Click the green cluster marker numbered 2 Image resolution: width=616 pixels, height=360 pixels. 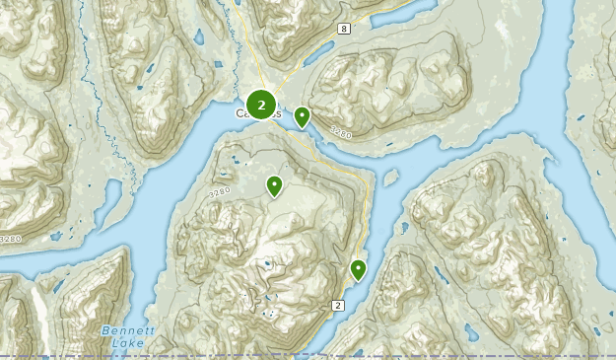pos(261,104)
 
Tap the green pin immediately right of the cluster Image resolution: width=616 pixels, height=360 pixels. pos(302,116)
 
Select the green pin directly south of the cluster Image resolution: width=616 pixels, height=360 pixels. pos(274,184)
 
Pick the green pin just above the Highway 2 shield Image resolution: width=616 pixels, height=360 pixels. pos(359,268)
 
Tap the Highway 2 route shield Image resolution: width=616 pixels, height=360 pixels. pos(338,306)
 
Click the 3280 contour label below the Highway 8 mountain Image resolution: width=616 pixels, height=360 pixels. pos(340,132)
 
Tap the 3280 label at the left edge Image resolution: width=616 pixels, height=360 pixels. pos(9,239)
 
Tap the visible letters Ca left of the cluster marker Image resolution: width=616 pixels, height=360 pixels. pos(241,114)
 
